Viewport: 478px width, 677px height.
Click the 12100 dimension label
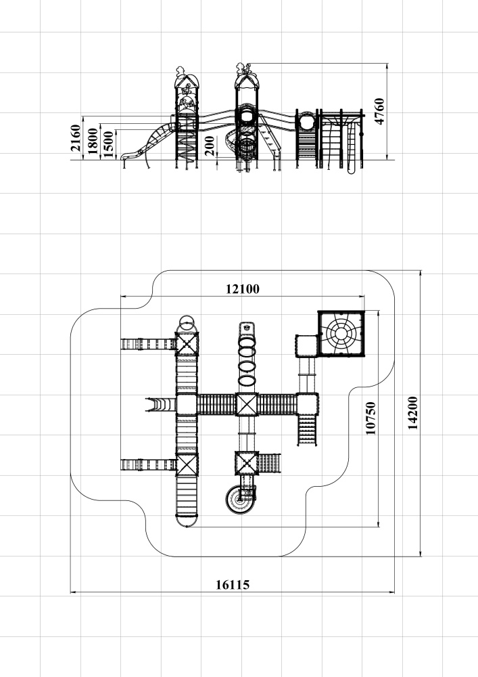[243, 289]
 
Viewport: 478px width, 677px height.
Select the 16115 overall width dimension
[233, 585]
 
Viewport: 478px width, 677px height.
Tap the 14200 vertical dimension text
[412, 413]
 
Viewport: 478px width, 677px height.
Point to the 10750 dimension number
[371, 418]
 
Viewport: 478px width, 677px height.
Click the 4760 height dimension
[379, 112]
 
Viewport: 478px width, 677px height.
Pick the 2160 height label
[76, 137]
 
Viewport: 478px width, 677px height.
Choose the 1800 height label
[93, 141]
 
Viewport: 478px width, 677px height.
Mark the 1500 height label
[109, 144]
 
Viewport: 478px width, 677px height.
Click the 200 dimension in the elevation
[210, 146]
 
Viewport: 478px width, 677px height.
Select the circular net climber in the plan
[341, 333]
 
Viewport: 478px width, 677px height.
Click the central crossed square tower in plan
[247, 405]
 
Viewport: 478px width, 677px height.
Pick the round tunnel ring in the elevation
[307, 121]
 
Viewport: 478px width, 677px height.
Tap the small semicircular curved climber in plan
[161, 405]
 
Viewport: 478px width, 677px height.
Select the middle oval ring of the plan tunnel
[247, 366]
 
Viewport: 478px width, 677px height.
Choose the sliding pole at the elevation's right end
[351, 147]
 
